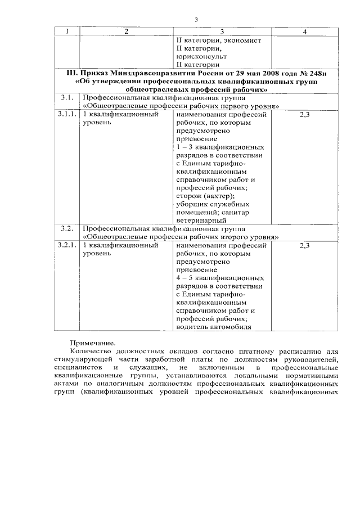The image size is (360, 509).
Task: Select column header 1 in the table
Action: pos(67,31)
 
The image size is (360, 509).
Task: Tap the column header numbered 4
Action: pos(304,31)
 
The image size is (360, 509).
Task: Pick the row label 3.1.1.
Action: pos(67,114)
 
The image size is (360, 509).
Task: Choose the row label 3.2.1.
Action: pos(67,245)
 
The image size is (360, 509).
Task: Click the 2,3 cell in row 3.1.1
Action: pos(304,114)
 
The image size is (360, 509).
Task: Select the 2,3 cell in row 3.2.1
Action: pos(304,245)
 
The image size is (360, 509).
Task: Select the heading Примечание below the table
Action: pos(92,342)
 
